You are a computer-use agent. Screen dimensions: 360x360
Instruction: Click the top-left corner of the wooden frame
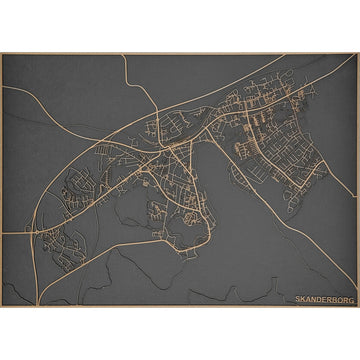pos(2,53)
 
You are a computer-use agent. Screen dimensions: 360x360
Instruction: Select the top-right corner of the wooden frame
pos(358,53)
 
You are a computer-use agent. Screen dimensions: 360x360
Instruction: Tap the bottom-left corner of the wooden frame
pos(2,306)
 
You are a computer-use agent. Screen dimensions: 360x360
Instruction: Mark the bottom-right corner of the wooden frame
pos(358,306)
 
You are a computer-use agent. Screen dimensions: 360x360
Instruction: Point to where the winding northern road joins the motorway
pos(158,109)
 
